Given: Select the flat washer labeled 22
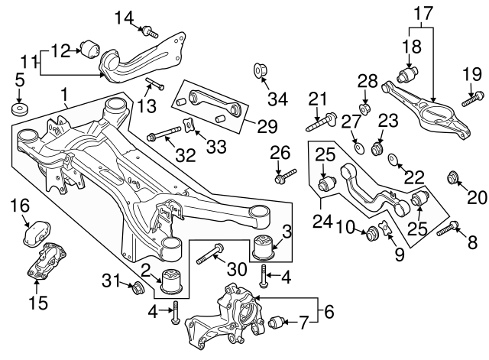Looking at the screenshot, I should click(x=393, y=160).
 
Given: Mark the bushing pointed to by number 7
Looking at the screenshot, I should click(x=277, y=323).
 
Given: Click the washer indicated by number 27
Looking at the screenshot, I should click(x=358, y=144).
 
